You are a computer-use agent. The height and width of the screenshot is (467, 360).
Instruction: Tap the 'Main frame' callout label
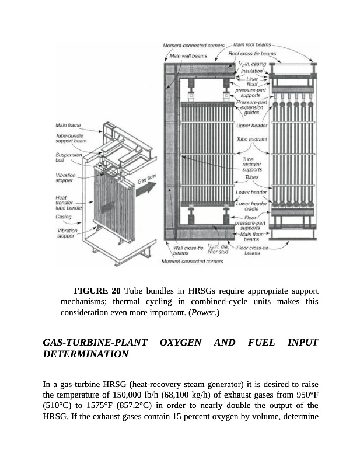[68, 125]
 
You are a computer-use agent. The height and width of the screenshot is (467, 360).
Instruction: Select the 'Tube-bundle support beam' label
[72, 138]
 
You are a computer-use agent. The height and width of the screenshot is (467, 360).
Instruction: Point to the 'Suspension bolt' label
[68, 158]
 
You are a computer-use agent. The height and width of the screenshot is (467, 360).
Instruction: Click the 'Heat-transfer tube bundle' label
[69, 202]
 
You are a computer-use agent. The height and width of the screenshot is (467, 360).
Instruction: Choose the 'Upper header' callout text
[252, 126]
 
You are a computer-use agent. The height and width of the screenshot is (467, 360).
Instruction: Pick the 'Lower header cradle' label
[251, 205]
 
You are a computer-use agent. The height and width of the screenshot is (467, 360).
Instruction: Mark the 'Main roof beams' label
[252, 44]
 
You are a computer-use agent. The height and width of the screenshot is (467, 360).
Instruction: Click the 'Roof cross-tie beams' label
[252, 54]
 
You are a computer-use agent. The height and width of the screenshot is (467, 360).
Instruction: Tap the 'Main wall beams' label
[188, 56]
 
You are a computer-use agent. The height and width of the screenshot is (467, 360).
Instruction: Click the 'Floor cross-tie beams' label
[252, 250]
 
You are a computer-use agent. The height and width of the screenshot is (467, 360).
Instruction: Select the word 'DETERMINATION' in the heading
[86, 354]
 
